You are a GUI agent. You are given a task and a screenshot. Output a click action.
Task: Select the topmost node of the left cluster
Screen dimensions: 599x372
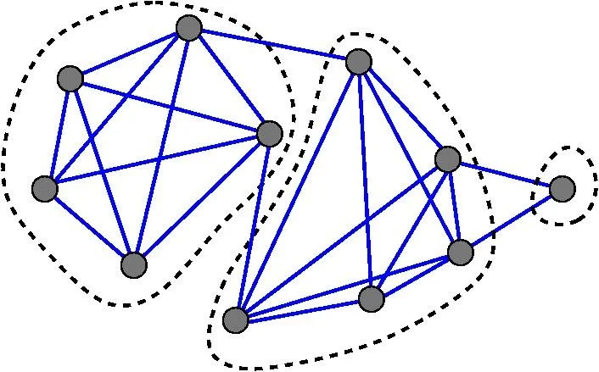tap(188, 28)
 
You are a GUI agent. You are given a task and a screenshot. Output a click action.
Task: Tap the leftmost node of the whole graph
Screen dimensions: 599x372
tap(44, 189)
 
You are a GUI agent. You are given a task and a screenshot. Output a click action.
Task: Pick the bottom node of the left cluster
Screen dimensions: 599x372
tap(134, 264)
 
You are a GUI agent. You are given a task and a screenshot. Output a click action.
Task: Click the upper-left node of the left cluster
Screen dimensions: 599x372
tap(70, 80)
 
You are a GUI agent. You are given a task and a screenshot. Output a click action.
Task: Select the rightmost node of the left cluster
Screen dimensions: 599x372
tap(269, 133)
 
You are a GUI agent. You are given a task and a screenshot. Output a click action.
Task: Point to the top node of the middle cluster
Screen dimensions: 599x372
tap(359, 61)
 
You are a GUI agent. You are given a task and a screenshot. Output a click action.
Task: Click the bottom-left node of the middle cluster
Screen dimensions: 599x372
tap(235, 319)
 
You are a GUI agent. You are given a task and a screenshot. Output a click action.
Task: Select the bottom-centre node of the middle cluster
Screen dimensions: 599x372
tap(371, 298)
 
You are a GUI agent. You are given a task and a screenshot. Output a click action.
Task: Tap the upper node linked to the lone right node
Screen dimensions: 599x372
tap(447, 158)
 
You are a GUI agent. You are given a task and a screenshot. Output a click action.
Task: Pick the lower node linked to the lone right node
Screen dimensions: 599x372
tap(460, 252)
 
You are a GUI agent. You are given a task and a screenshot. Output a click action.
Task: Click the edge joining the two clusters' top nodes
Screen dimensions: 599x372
tap(273, 44)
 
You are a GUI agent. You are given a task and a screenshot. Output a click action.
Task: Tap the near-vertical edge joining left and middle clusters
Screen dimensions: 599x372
tap(252, 226)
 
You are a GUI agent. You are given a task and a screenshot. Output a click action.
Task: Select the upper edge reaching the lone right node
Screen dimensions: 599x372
tap(504, 173)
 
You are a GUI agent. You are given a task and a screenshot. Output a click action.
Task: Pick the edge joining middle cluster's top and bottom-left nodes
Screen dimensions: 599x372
tap(297, 190)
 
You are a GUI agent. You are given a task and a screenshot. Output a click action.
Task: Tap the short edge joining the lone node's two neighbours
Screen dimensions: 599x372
tap(454, 205)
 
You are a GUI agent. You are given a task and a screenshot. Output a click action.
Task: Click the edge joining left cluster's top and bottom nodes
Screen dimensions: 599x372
tap(161, 146)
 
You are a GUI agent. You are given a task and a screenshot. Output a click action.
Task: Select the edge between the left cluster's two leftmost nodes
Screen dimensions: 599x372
tap(57, 134)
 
